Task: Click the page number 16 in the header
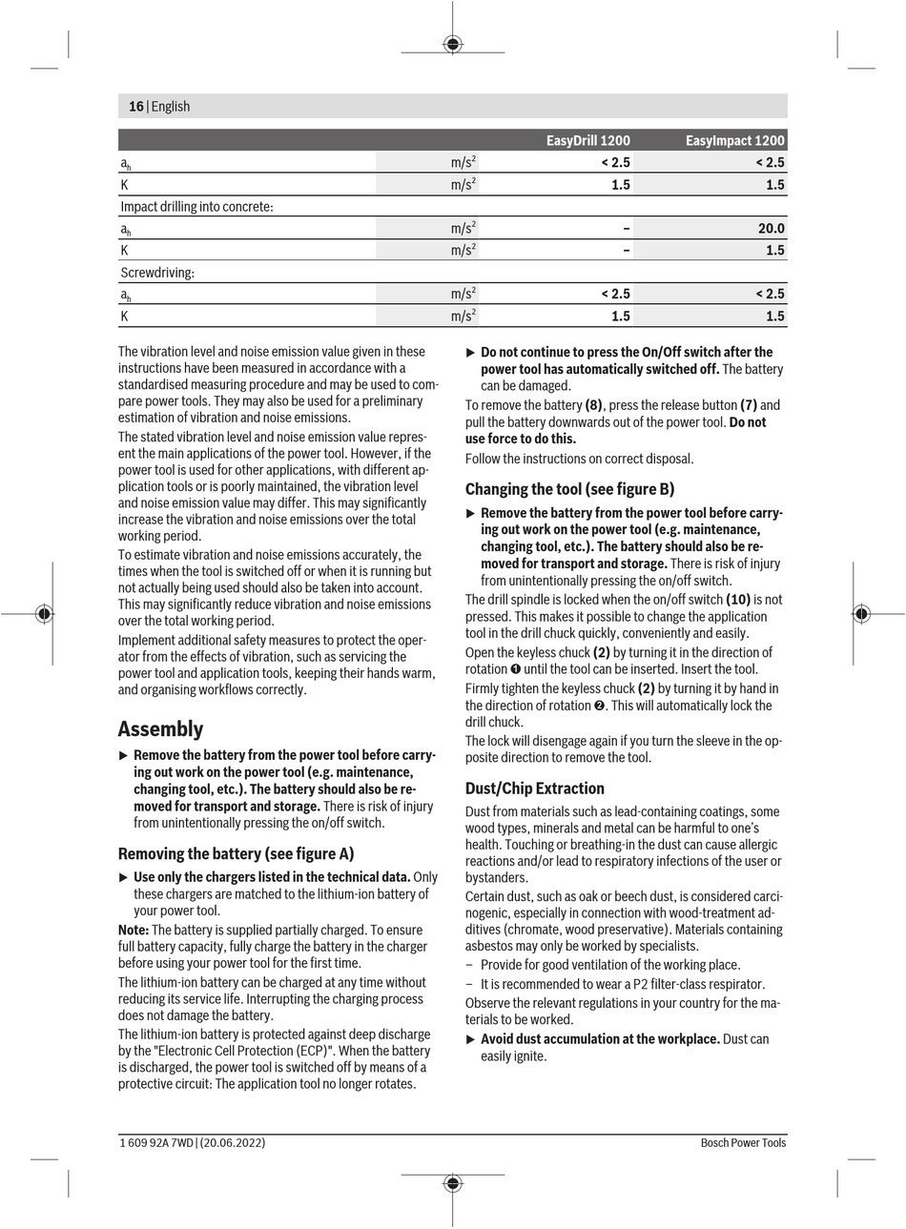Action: coord(135,107)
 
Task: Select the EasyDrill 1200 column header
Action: coord(587,140)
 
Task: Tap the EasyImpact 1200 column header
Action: coord(734,140)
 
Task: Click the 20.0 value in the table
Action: coord(771,229)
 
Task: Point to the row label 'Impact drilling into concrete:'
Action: coord(196,207)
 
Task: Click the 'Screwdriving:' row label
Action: coord(157,273)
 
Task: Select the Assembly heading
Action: coord(160,729)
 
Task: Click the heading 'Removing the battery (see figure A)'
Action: coord(236,853)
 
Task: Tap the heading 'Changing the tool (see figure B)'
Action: coord(569,489)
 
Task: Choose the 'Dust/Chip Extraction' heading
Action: coord(535,789)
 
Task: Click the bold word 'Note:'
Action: coord(134,930)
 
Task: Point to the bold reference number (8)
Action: coord(593,405)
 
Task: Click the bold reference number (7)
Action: coord(748,405)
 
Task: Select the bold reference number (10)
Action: coord(738,600)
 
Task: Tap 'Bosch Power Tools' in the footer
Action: coord(743,1142)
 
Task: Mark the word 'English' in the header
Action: coord(171,107)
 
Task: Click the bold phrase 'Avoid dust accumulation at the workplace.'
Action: coord(600,1039)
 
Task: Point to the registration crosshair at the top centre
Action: coord(453,43)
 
